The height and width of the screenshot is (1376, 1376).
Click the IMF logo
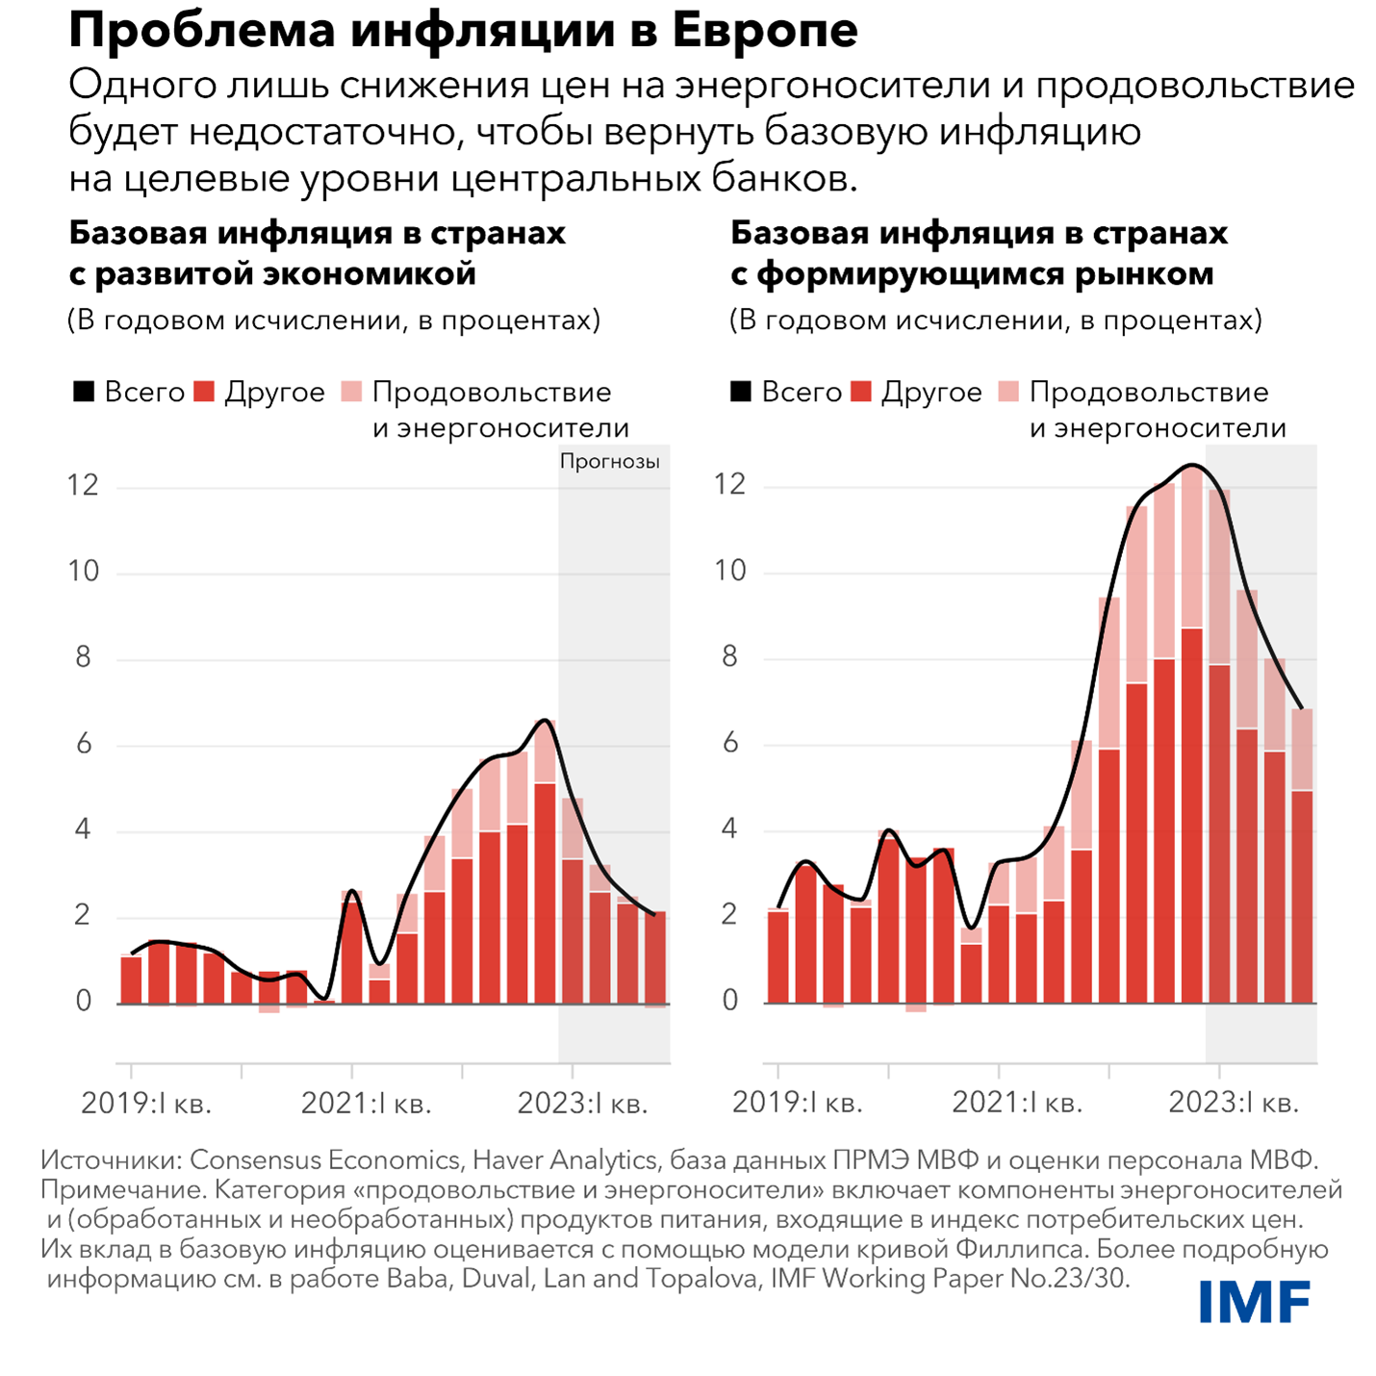[1254, 1303]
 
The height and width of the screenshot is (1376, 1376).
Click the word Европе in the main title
[765, 31]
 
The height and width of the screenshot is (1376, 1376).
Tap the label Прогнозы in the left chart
[610, 462]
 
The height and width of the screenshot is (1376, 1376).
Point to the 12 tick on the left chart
[84, 485]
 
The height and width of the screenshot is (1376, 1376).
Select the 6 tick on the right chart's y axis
[730, 743]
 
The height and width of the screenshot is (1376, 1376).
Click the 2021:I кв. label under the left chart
[366, 1103]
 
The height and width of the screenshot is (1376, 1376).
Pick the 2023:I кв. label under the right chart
[1234, 1103]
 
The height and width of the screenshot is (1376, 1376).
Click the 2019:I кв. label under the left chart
[146, 1103]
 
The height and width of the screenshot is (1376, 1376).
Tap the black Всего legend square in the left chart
[84, 393]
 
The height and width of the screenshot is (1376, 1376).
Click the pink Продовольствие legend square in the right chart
[1007, 393]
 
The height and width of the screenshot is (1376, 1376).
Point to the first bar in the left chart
[132, 980]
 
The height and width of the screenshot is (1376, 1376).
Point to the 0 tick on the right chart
[730, 1002]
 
